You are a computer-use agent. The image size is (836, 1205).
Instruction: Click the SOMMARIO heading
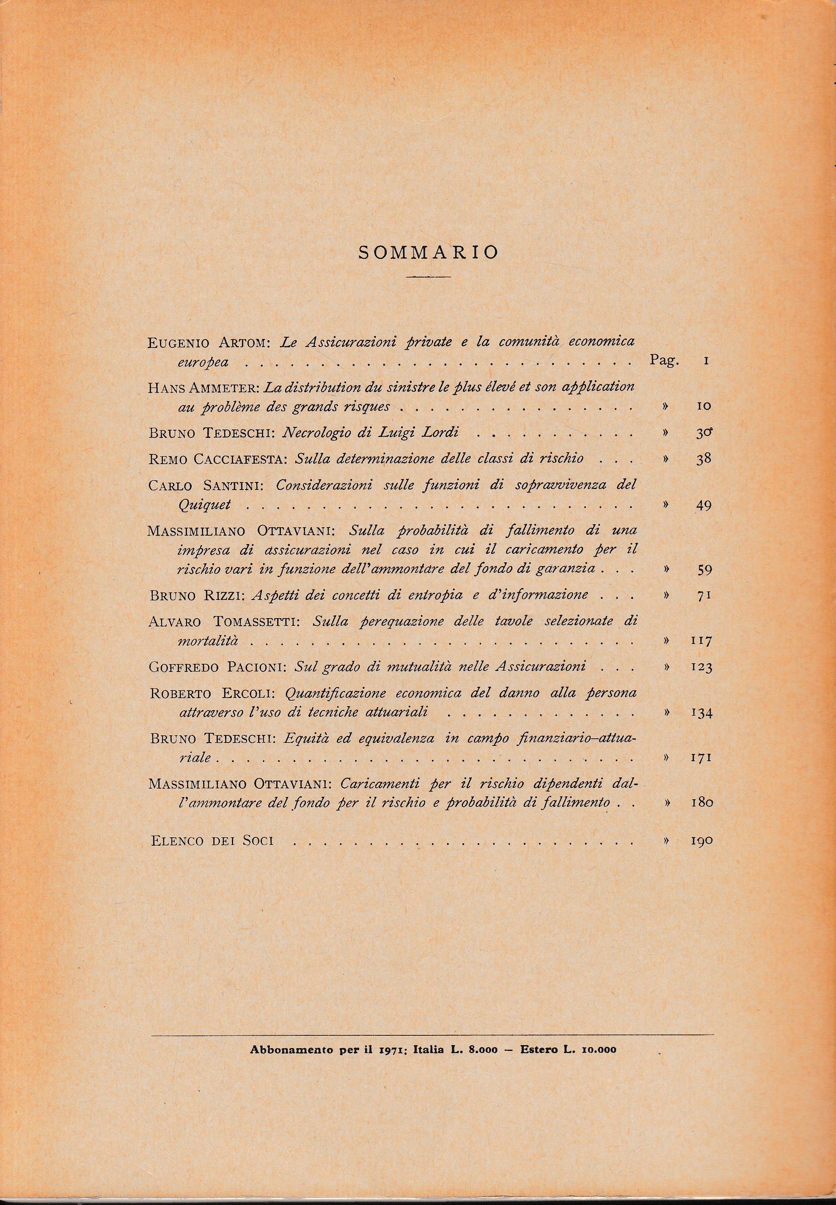pyautogui.click(x=428, y=253)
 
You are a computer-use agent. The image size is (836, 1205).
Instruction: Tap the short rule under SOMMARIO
pyautogui.click(x=429, y=277)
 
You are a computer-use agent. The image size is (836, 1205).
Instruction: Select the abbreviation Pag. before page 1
pyautogui.click(x=663, y=360)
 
